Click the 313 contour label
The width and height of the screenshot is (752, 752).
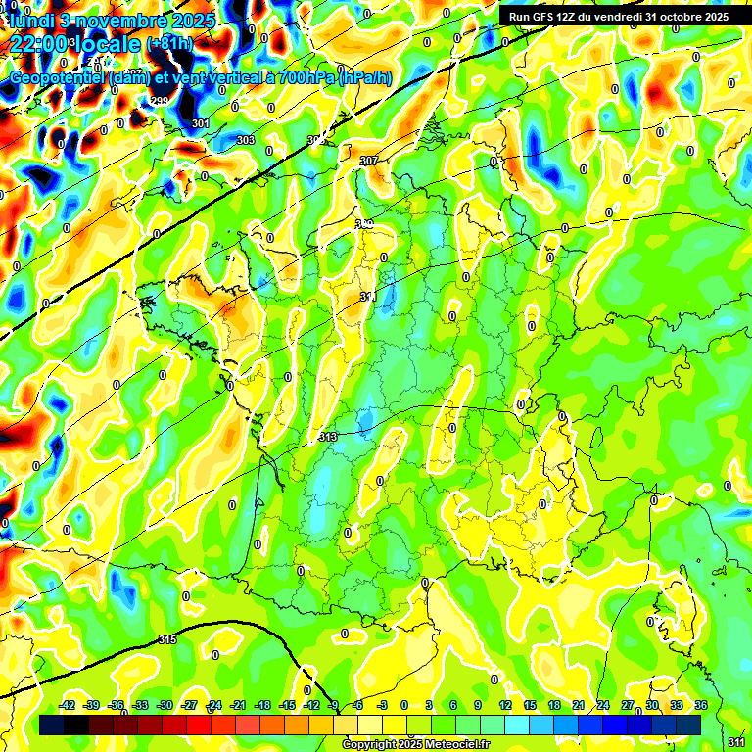click(x=328, y=437)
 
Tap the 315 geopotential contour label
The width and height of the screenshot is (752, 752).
click(x=167, y=640)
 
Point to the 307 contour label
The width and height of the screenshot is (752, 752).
click(x=369, y=161)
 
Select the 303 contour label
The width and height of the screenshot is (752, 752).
click(x=246, y=141)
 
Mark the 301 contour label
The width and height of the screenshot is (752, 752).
click(x=201, y=123)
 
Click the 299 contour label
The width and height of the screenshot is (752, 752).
click(x=160, y=102)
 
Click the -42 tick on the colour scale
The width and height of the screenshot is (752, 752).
click(x=68, y=705)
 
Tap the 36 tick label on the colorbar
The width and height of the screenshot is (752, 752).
click(x=701, y=705)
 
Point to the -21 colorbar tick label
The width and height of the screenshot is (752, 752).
click(x=238, y=705)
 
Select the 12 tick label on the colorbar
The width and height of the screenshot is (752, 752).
click(x=504, y=705)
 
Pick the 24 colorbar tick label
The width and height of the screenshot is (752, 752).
click(x=602, y=705)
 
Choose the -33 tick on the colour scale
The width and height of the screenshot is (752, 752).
click(x=140, y=705)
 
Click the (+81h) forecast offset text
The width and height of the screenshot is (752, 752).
click(x=169, y=45)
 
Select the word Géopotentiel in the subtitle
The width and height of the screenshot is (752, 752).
click(x=58, y=77)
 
